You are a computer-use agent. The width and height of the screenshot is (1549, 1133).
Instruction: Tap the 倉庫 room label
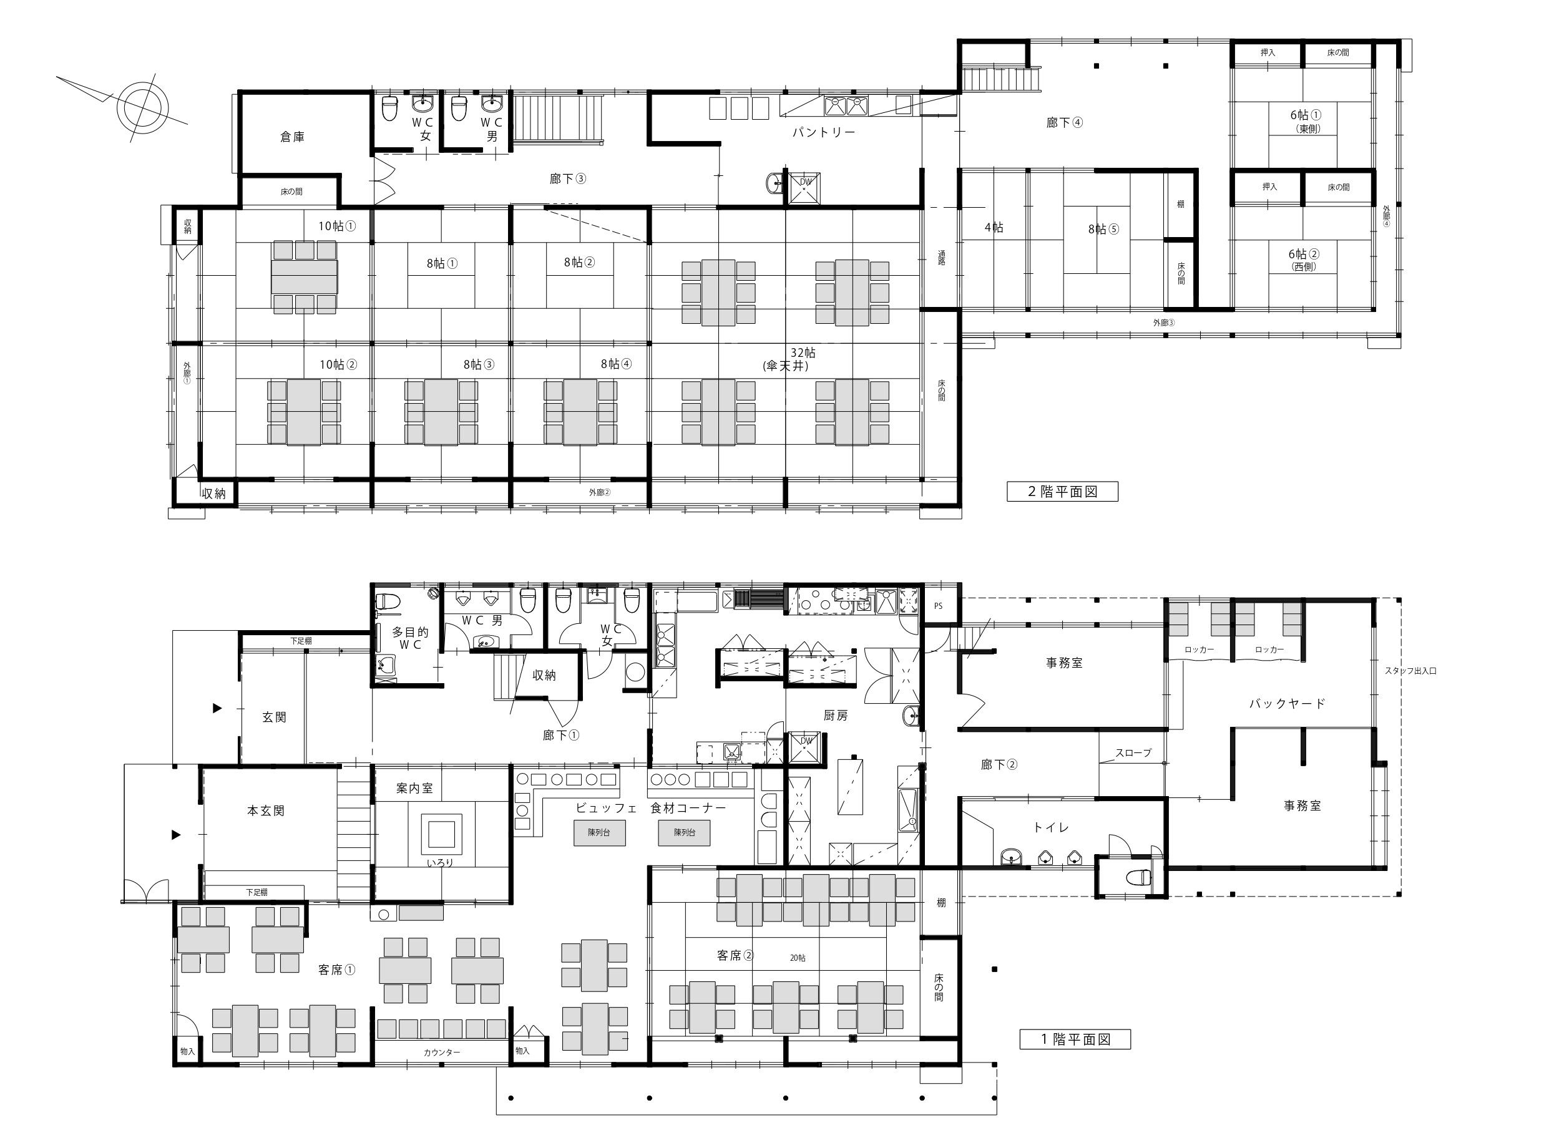(x=292, y=137)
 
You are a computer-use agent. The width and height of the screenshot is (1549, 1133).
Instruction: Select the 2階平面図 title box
(x=1062, y=492)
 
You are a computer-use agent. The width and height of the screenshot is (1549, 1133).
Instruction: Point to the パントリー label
(x=824, y=132)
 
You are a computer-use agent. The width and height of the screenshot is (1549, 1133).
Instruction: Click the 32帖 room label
(x=803, y=353)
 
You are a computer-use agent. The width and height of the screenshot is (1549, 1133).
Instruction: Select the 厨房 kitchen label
(x=836, y=716)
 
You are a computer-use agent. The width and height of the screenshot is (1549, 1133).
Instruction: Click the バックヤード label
(x=1287, y=703)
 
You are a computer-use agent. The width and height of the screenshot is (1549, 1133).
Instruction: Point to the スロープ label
(x=1133, y=752)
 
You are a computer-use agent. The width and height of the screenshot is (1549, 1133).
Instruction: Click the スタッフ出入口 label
(x=1410, y=671)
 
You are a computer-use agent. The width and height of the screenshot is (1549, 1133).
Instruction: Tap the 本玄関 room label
(x=265, y=810)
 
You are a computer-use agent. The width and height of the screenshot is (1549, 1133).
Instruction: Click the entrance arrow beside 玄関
(x=217, y=708)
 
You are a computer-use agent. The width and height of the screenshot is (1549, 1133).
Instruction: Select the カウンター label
(x=442, y=1052)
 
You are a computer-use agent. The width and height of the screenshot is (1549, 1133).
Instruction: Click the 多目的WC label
(x=410, y=638)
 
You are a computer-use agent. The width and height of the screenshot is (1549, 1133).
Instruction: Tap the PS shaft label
(x=939, y=606)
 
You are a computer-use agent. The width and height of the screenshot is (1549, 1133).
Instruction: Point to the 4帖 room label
(x=994, y=228)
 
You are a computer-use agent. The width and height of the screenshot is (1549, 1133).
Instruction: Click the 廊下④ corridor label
(x=1065, y=123)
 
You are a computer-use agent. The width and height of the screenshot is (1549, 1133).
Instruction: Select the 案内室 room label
(x=414, y=789)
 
